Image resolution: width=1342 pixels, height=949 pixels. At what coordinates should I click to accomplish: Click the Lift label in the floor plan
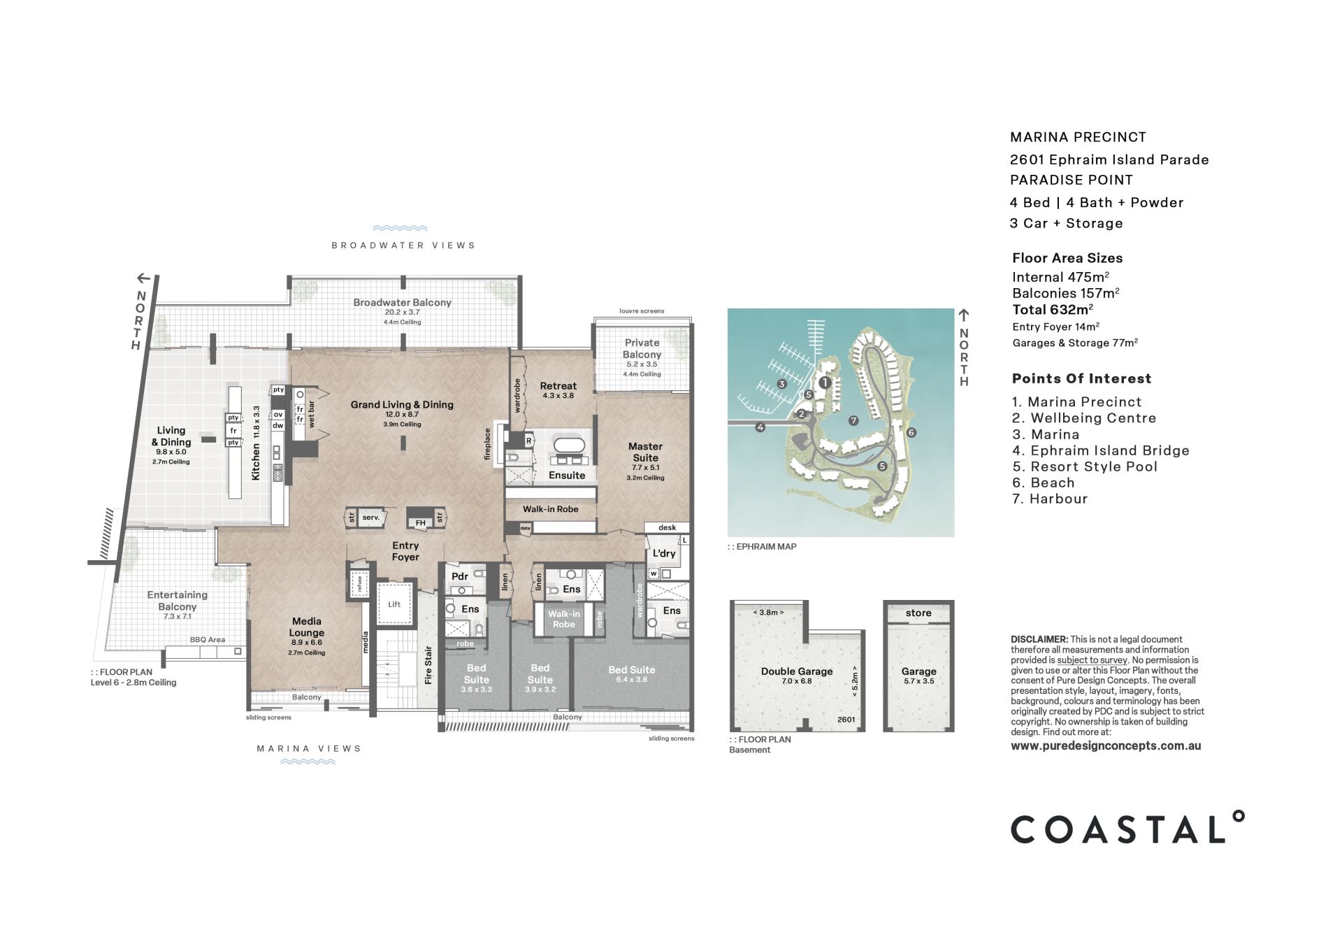(x=394, y=604)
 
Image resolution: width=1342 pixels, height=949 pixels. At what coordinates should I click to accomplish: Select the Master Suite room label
(x=645, y=452)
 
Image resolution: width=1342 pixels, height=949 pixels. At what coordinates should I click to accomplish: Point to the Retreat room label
(x=558, y=386)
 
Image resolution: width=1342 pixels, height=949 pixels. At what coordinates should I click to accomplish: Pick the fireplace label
(x=487, y=444)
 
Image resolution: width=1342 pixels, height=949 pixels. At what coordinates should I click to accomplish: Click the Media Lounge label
(x=307, y=627)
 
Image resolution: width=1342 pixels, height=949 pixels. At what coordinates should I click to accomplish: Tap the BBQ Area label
(x=208, y=640)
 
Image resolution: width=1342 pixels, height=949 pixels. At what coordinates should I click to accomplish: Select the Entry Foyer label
(x=405, y=551)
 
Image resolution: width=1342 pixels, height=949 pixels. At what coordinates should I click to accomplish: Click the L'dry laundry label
(x=664, y=553)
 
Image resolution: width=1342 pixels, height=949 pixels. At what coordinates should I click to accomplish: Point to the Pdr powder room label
(x=459, y=576)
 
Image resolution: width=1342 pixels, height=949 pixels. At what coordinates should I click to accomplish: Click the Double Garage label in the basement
(x=797, y=671)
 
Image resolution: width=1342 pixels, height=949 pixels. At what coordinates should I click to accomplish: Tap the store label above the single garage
(x=918, y=613)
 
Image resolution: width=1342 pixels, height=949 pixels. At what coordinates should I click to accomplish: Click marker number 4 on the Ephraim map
(x=760, y=427)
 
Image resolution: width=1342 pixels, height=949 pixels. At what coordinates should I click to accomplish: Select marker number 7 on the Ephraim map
(x=853, y=420)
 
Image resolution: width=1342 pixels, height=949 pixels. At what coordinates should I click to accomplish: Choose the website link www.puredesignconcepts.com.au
(x=1106, y=745)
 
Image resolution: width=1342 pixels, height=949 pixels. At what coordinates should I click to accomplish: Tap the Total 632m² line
(x=1053, y=309)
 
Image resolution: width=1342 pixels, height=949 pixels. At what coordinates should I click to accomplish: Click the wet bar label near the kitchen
(x=312, y=415)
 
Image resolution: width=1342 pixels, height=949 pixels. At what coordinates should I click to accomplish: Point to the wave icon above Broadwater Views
(x=401, y=228)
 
